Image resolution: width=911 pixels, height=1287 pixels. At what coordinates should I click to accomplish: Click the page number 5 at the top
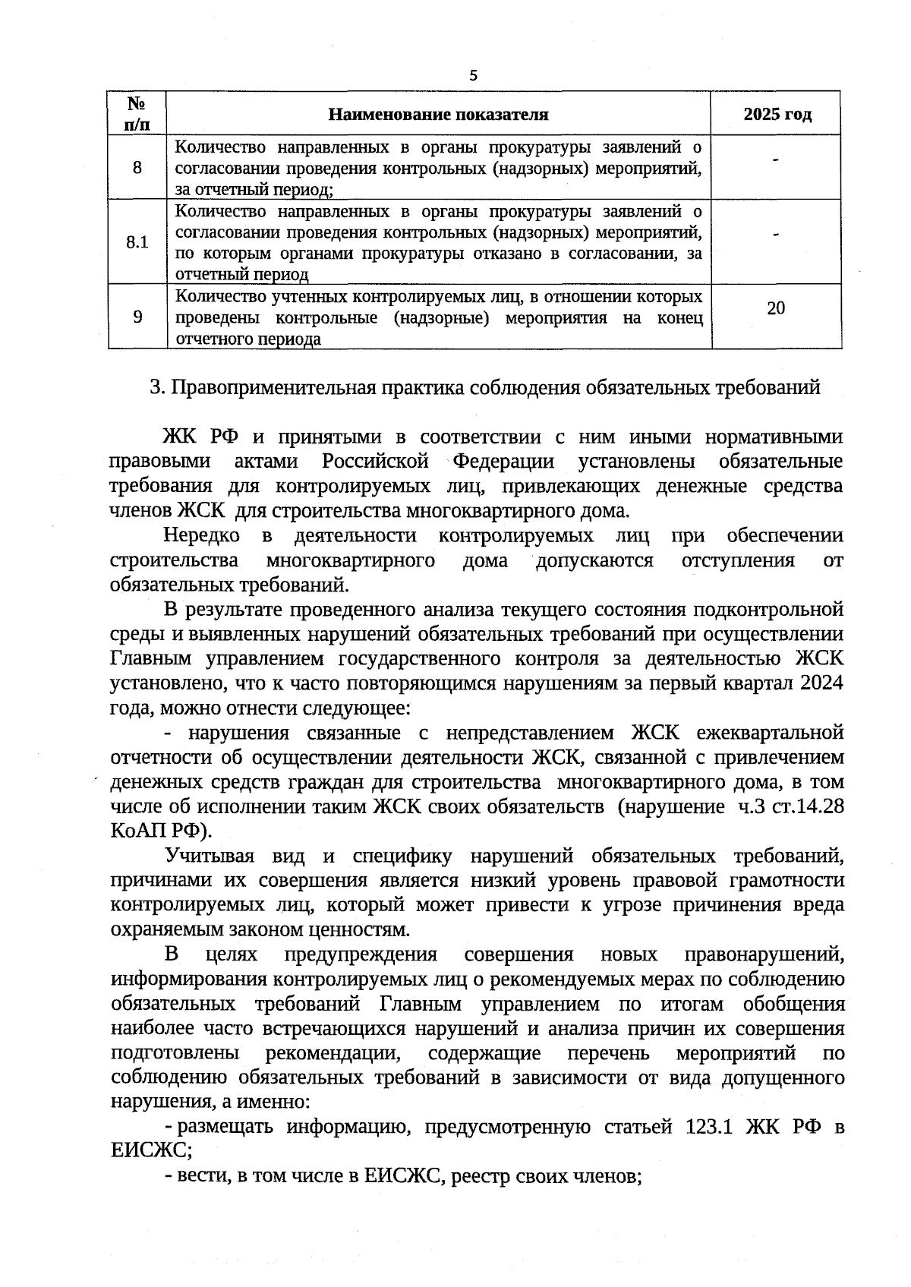point(474,75)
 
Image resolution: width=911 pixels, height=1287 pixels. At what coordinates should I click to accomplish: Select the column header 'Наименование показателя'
point(438,115)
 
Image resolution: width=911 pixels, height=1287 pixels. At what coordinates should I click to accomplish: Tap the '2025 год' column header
point(777,115)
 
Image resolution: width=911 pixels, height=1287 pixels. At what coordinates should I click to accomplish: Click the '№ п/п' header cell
point(137,114)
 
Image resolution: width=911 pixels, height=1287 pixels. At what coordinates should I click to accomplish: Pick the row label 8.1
point(137,242)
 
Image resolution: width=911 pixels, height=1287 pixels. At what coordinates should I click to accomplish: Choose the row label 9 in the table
point(137,317)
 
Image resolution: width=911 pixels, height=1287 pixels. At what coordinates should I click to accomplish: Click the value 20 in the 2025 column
point(776,308)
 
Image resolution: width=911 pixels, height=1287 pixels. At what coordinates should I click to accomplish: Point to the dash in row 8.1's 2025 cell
point(776,236)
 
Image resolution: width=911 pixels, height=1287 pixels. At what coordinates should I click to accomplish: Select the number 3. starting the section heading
point(157,388)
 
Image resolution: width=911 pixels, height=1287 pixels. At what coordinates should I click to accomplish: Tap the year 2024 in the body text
point(822,683)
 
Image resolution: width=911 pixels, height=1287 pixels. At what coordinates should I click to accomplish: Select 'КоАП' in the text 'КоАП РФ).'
point(138,831)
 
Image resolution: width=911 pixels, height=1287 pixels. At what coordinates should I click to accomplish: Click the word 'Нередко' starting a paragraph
point(201,536)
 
